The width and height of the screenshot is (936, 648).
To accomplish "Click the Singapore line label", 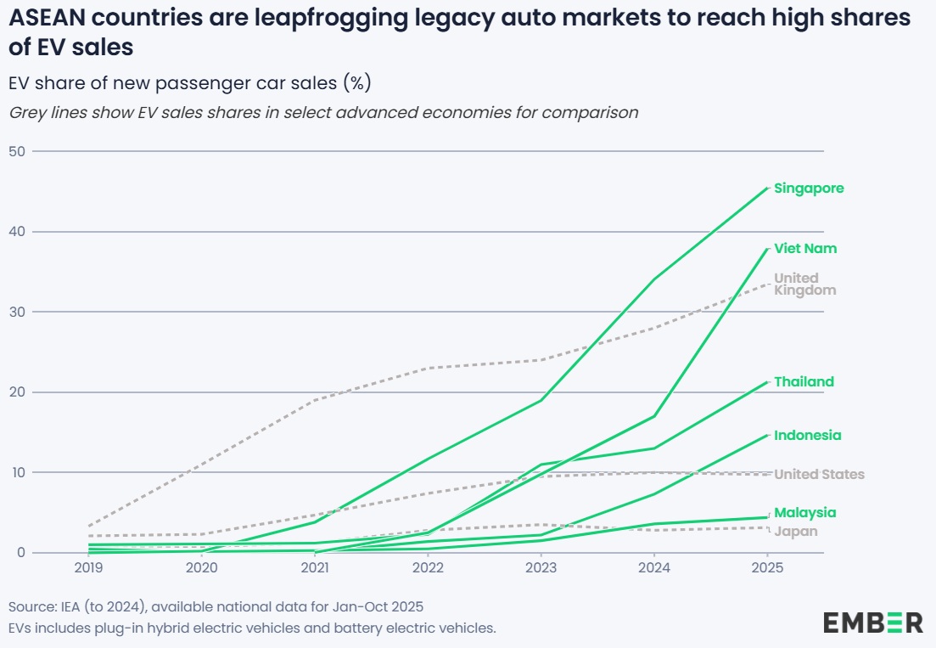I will click(x=809, y=189).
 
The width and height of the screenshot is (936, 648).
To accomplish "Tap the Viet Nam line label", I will click(x=804, y=249).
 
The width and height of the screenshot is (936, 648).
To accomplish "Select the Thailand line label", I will click(x=804, y=382).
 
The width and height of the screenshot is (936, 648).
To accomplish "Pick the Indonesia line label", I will click(x=807, y=436).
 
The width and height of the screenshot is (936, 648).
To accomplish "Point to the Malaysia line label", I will click(x=804, y=513).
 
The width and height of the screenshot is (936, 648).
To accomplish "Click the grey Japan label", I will click(x=796, y=532).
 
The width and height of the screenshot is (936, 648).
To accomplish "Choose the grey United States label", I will click(x=819, y=475).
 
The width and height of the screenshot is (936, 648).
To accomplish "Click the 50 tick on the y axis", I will click(x=17, y=152).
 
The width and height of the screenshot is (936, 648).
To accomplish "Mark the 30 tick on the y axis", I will click(x=17, y=312).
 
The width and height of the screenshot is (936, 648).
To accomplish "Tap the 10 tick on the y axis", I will click(x=17, y=472).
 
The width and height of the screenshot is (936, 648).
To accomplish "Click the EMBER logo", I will click(x=872, y=623).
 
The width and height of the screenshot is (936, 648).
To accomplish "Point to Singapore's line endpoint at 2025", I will click(x=767, y=188).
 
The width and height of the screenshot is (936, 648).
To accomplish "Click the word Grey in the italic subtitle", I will click(x=25, y=112).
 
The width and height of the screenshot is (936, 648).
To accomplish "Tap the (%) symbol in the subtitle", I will click(x=357, y=83).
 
